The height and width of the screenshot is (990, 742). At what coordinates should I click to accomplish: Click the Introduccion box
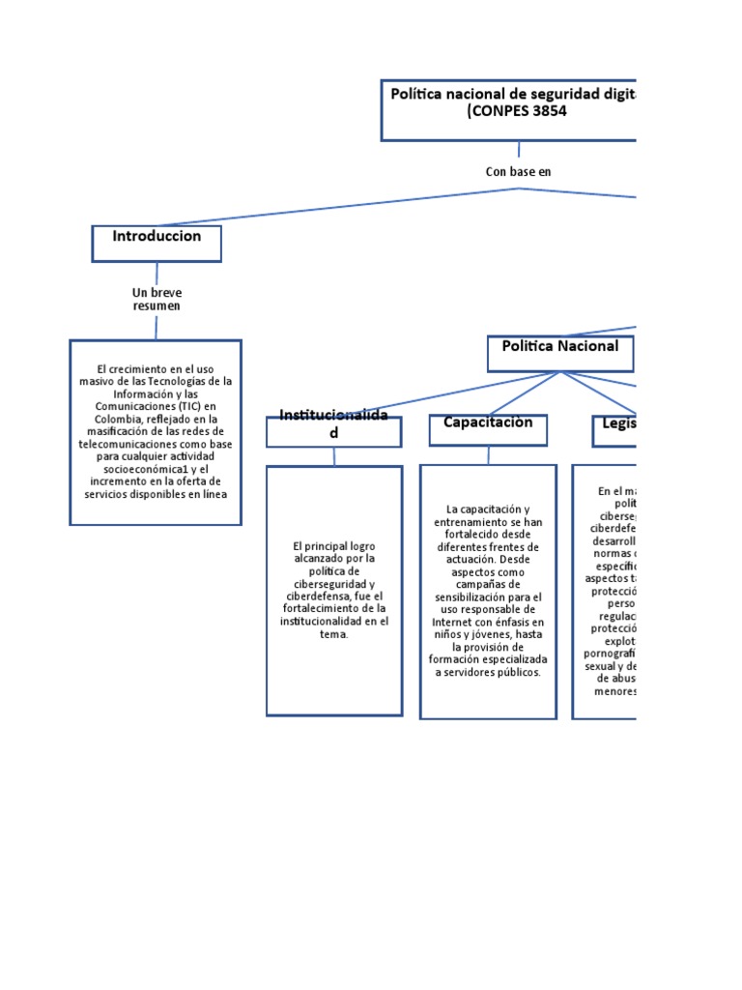pyautogui.click(x=157, y=243)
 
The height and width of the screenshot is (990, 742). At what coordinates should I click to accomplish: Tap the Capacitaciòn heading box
pyautogui.click(x=488, y=429)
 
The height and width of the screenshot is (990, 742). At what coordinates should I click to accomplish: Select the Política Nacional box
pyautogui.click(x=560, y=353)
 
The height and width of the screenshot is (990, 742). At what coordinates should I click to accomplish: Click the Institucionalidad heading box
pyautogui.click(x=333, y=431)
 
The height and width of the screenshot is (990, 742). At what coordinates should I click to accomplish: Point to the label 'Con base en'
pyautogui.click(x=518, y=171)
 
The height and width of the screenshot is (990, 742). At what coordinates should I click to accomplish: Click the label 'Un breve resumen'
pyautogui.click(x=157, y=299)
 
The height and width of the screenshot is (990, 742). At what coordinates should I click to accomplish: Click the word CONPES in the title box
pyautogui.click(x=499, y=110)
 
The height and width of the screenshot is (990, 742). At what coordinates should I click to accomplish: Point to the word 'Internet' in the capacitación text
pyautogui.click(x=452, y=622)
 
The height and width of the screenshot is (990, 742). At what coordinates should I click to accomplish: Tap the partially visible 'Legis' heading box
pyautogui.click(x=614, y=429)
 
